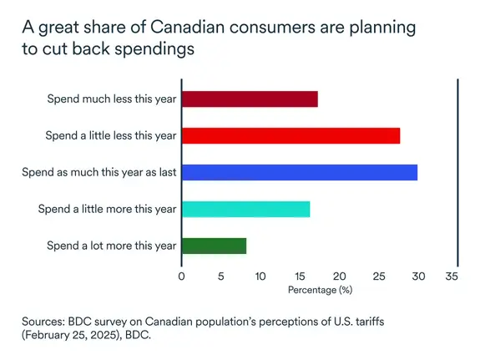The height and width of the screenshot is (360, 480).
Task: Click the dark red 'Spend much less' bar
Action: (x=249, y=99)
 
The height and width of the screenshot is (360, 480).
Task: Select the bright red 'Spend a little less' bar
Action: (x=291, y=135)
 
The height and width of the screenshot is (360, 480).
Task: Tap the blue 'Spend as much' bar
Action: (x=299, y=173)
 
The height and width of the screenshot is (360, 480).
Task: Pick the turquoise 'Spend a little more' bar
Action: (x=245, y=209)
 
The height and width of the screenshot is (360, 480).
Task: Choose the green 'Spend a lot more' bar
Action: (x=214, y=246)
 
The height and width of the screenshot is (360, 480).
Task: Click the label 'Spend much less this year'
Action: (x=112, y=99)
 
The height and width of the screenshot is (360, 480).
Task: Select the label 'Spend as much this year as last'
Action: (x=99, y=173)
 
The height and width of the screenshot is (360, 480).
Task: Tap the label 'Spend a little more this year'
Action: (x=107, y=209)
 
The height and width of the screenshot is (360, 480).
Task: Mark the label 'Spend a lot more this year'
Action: (x=112, y=246)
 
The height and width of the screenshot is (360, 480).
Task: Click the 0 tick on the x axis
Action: (x=181, y=275)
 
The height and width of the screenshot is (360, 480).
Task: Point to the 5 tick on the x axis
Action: (x=220, y=275)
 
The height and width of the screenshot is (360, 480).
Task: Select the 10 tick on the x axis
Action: (x=260, y=275)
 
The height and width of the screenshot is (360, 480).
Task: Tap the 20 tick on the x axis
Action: (x=338, y=275)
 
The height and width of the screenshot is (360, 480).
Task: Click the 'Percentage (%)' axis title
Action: (x=320, y=290)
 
